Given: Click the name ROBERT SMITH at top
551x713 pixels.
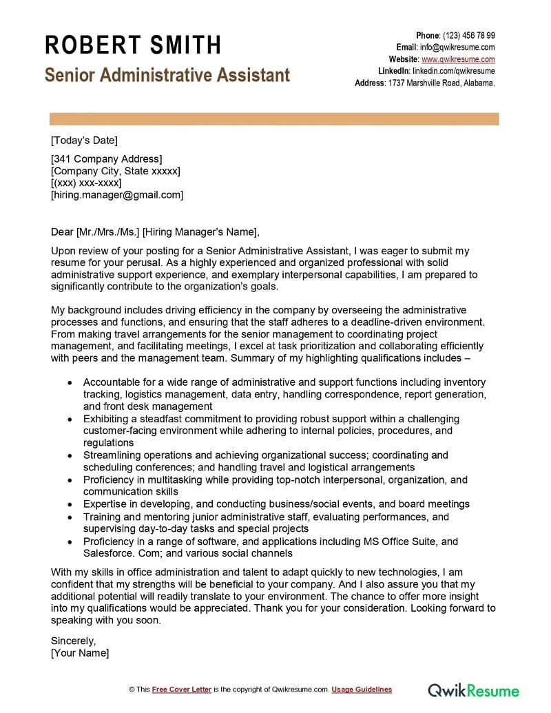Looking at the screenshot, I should tap(133, 45).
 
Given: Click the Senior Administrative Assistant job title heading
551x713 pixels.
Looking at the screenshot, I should tap(167, 75).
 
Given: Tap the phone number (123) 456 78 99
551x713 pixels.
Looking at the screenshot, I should tap(468, 35).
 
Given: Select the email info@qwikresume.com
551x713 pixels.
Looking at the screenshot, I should tap(457, 47).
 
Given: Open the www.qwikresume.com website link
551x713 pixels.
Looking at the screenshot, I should tap(458, 59).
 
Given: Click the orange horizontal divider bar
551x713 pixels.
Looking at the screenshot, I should tap(274, 118).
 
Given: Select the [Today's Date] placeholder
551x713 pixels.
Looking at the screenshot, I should tap(84, 141).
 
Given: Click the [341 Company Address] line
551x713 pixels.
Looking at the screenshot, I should tap(106, 159).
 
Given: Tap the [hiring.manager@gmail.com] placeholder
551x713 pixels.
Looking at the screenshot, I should tap(117, 194).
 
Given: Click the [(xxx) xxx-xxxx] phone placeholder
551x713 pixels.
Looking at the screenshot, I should tap(86, 183).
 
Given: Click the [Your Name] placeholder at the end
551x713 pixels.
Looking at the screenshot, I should tap(80, 652).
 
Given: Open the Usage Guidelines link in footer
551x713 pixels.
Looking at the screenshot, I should tap(362, 689).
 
